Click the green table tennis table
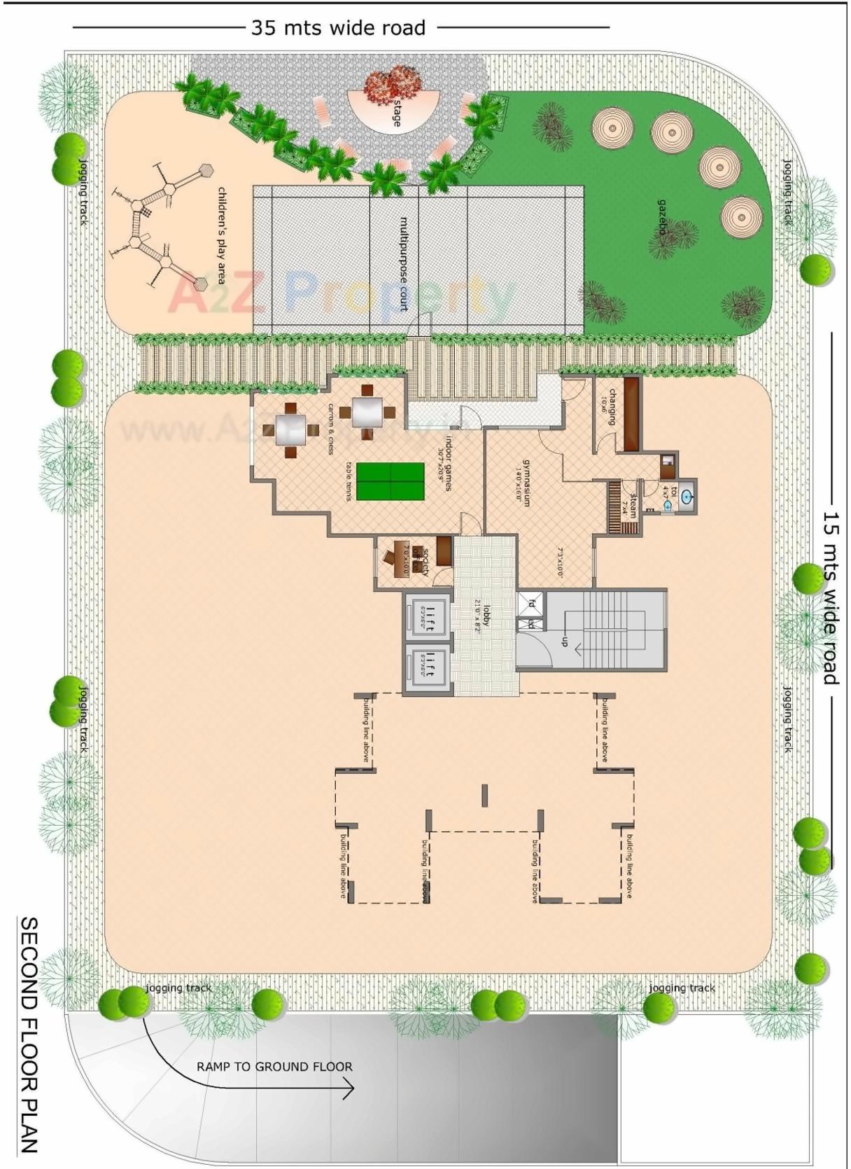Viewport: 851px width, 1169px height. coord(391,481)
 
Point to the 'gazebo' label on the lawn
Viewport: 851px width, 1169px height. coord(662,217)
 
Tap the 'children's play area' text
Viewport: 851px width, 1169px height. coord(222,235)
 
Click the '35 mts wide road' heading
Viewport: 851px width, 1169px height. coord(338,28)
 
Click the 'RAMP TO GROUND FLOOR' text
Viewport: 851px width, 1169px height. coord(274,1067)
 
